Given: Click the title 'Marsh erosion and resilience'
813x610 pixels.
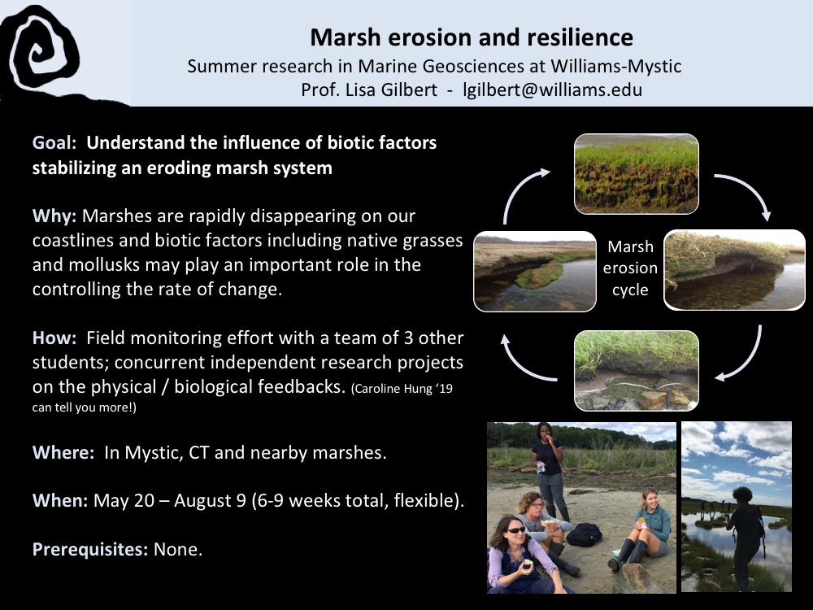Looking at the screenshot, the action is pos(472,37).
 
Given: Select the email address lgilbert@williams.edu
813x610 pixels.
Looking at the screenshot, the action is pos(553,89).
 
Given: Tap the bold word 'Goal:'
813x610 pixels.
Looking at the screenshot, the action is pos(54,142).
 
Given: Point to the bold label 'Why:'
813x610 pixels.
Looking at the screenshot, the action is pos(54,216).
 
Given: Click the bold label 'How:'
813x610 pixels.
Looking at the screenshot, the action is pos(54,338).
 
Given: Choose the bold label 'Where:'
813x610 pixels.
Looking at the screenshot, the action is pos(63,452).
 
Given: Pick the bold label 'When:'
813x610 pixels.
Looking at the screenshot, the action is pos(60,500).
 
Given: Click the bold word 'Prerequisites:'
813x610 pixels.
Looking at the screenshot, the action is pos(90,549).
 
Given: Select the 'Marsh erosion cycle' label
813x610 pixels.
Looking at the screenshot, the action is pos(630,268).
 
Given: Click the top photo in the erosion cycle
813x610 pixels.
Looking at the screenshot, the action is pos(637,174).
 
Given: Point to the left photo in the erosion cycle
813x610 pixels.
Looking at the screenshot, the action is pos(535,272).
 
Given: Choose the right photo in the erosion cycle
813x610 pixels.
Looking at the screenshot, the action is pos(734,270).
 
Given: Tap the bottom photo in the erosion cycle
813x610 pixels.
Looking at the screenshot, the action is pos(637,371).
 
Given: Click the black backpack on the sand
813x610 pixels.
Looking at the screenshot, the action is pos(585,535).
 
